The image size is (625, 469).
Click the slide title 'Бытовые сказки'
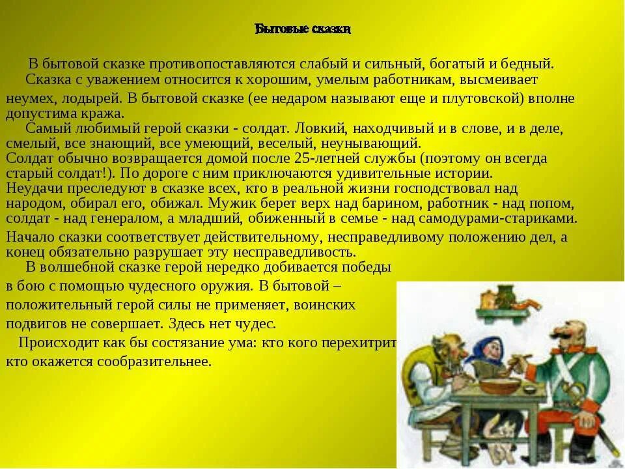point(303,29)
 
